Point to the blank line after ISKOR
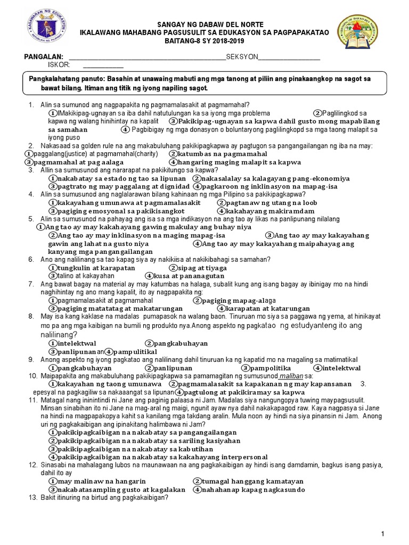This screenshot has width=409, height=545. pos(103,66)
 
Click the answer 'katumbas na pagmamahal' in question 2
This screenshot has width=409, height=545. pos(222,154)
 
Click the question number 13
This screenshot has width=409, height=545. pos(31,498)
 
